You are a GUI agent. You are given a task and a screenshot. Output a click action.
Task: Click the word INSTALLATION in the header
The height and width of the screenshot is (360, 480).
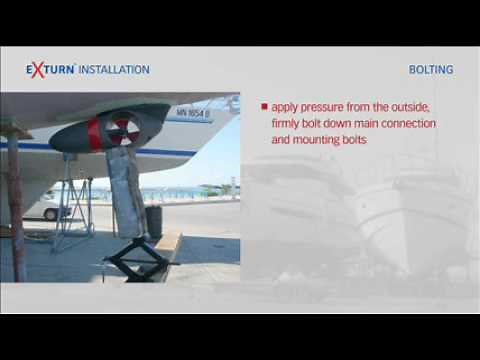click(x=114, y=70)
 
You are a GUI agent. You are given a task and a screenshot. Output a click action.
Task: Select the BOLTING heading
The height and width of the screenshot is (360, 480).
click(x=431, y=70)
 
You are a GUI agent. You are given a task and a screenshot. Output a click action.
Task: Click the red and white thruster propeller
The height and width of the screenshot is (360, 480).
click(x=123, y=130)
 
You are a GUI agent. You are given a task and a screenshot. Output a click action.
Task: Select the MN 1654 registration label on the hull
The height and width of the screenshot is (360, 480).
click(x=192, y=112)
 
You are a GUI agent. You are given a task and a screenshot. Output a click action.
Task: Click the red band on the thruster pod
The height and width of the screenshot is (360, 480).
click(x=96, y=134)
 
